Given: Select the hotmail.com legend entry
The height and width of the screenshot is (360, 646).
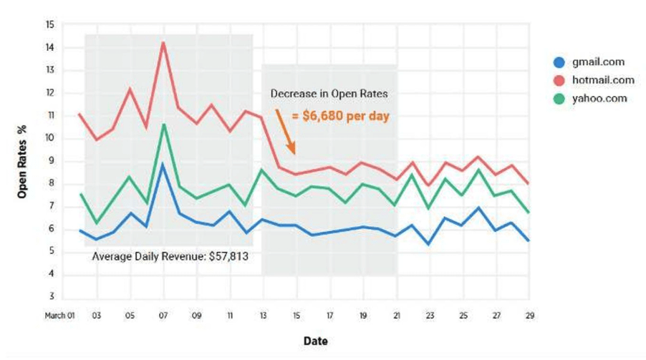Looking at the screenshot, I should (x=589, y=80).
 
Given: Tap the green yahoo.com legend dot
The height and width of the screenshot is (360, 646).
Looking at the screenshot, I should (x=559, y=98).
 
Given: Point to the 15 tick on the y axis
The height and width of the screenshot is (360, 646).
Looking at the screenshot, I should (x=49, y=24).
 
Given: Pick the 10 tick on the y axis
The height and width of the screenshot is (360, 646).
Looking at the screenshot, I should (x=49, y=138).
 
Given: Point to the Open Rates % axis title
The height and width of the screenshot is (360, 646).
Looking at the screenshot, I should (x=22, y=162).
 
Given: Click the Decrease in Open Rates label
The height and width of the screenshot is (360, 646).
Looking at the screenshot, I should (x=329, y=93).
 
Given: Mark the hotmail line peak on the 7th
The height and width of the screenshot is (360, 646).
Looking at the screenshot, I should (x=163, y=42).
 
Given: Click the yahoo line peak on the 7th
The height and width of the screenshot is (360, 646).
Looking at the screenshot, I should (x=163, y=125).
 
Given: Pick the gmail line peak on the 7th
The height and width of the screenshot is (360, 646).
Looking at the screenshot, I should (x=163, y=164).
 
